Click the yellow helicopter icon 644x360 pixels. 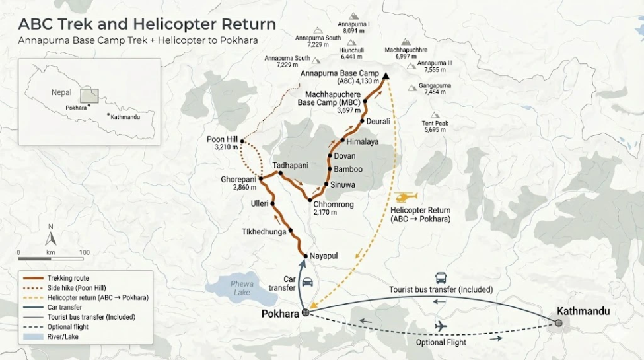406,197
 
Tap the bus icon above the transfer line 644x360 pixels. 441,279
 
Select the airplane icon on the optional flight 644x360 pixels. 440,326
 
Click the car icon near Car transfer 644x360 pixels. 307,282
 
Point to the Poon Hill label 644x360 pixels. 221,139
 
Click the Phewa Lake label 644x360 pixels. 242,287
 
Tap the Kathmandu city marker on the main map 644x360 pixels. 559,323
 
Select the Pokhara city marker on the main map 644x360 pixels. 305,313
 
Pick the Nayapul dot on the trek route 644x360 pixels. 305,255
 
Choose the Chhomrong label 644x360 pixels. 334,205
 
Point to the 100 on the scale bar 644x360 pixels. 84,252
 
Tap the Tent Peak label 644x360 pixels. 435,124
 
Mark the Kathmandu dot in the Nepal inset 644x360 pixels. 108,114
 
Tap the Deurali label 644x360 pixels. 378,121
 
